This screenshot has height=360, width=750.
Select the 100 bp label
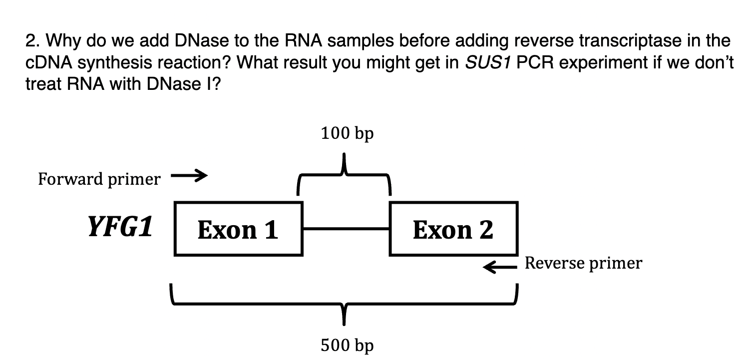coord(348,134)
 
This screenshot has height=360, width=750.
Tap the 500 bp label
coord(348,345)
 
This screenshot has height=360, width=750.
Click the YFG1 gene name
coord(120,228)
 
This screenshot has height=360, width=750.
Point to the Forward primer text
coord(99,179)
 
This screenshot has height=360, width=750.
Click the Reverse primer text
coord(583,263)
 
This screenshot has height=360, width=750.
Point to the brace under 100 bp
coord(344,175)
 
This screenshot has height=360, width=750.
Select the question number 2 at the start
coord(31,40)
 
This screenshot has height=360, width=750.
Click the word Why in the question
coord(65,40)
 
